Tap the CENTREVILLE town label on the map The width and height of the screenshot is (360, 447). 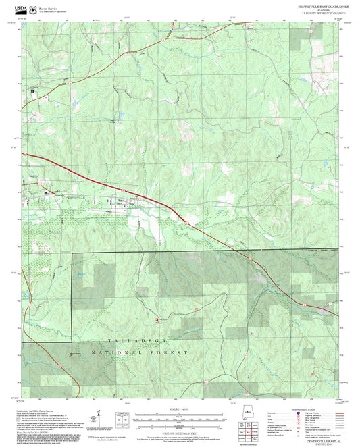75,196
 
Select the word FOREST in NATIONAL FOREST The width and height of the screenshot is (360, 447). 175,353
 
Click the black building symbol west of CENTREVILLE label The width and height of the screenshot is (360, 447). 46,194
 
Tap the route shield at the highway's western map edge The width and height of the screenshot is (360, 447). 26,155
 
